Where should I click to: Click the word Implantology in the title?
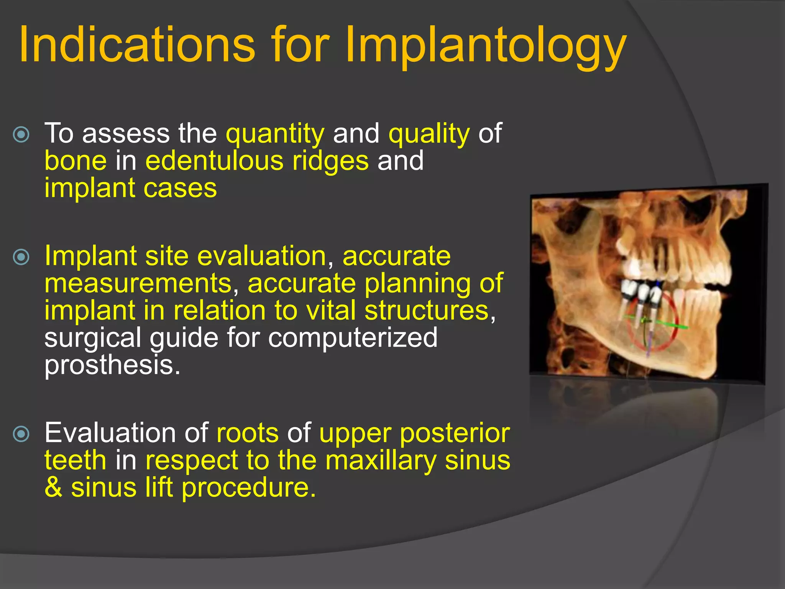tap(485, 45)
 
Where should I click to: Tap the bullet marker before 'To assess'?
tap(21, 135)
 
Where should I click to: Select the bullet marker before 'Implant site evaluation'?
tap(21, 257)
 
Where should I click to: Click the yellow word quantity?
tap(275, 134)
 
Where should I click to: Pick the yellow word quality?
tap(429, 134)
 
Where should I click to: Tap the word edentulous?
tap(214, 161)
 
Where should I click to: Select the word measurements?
tap(138, 284)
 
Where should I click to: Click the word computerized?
tap(352, 337)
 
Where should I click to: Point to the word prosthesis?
tap(112, 365)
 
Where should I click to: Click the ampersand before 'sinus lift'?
tap(53, 488)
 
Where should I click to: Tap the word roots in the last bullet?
tap(248, 433)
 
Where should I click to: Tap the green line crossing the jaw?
tap(667, 324)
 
